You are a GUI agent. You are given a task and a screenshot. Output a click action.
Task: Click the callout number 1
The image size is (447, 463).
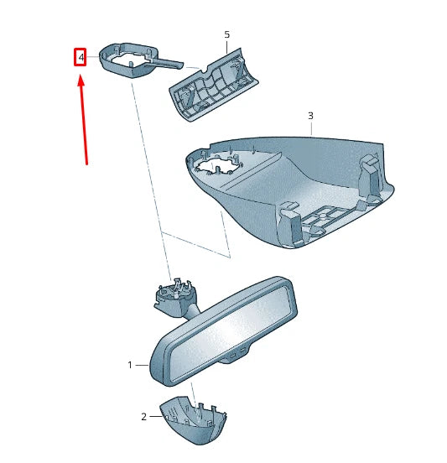130,365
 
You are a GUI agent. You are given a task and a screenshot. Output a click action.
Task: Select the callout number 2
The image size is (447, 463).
143,416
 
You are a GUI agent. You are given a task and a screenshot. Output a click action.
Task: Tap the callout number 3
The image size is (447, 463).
310,115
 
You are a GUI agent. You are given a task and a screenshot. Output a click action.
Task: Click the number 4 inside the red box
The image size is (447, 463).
81,58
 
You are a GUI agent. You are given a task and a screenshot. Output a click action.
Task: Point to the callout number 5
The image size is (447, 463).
226,34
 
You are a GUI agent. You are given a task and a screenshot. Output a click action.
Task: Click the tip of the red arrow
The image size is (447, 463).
81,77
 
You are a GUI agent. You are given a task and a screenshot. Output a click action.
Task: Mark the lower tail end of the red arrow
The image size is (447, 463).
86,164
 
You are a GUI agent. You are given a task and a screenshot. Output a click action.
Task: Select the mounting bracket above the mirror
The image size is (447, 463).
178,299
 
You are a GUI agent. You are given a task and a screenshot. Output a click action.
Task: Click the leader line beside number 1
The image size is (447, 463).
143,365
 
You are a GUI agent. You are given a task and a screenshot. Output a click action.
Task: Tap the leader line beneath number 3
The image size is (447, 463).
310,128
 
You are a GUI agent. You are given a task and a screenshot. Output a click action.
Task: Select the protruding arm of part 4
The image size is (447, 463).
168,61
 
